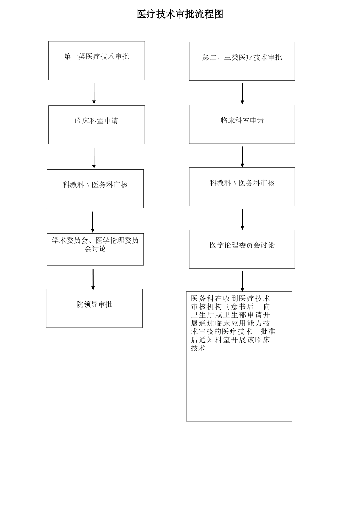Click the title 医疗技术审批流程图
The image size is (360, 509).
[180, 14]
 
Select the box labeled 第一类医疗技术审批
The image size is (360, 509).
[96, 60]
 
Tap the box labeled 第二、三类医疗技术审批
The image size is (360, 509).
[242, 61]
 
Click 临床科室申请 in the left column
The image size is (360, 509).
[96, 125]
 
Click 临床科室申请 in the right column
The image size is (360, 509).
[242, 124]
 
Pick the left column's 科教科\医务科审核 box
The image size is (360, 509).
[95, 189]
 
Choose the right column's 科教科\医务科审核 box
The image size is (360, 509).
[242, 187]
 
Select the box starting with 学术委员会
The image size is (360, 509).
[95, 249]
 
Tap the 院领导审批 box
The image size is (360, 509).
[94, 308]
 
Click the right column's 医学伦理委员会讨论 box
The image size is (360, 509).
[242, 249]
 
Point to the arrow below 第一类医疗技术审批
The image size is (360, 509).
[94, 93]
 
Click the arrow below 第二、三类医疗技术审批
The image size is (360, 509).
[242, 93]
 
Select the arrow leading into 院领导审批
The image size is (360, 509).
[93, 279]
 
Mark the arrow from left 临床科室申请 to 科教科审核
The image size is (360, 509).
[94, 158]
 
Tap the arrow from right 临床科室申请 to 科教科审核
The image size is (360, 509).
[242, 156]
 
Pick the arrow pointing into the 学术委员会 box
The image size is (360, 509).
[92, 222]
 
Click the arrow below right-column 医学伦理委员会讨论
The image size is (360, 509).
[242, 281]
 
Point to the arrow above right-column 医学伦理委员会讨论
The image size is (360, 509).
[242, 219]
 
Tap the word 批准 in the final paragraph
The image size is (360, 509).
[268, 332]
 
